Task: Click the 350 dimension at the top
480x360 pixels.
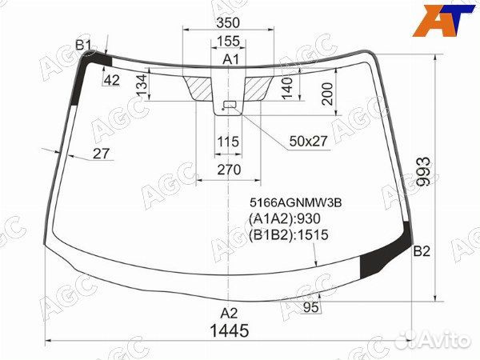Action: tap(229, 24)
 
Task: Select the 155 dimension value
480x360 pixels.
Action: tap(229, 42)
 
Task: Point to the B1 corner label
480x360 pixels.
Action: tap(84, 45)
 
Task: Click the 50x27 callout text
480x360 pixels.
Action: tap(309, 142)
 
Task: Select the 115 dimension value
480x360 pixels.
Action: tap(229, 142)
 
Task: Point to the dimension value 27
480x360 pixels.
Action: tap(101, 154)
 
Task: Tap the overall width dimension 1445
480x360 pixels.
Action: tap(230, 330)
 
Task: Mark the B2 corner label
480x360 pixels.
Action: tap(422, 252)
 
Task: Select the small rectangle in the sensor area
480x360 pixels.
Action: tap(230, 104)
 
